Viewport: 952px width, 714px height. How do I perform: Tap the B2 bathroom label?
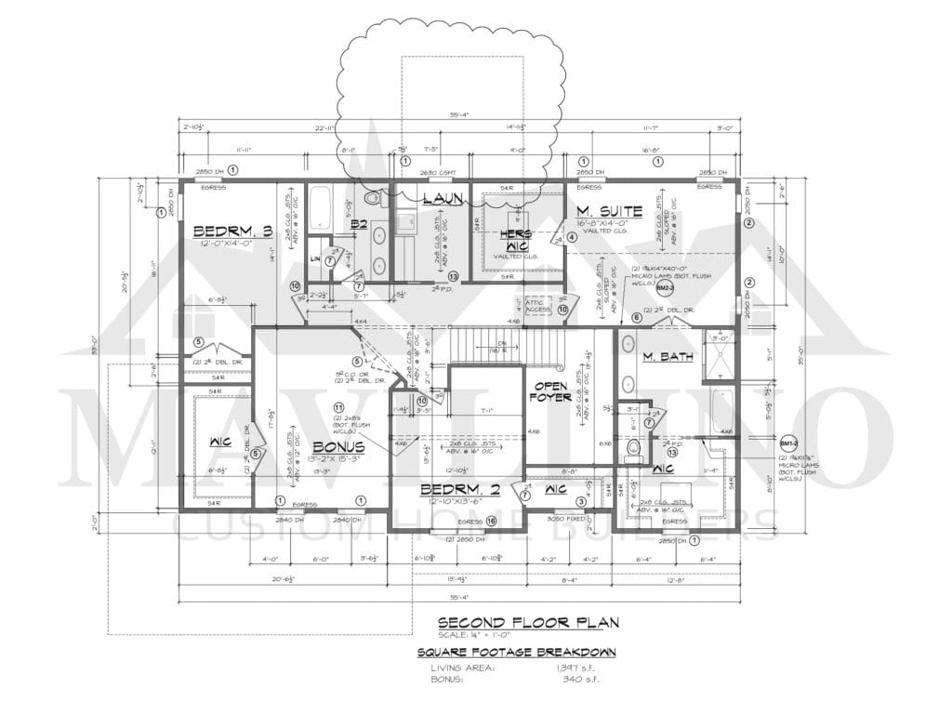tap(360, 223)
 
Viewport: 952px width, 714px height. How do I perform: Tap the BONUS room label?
tap(337, 447)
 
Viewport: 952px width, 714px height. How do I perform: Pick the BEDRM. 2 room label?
tap(455, 489)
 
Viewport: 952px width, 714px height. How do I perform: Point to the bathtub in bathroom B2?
tap(319, 208)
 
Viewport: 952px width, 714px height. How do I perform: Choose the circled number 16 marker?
tap(491, 521)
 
